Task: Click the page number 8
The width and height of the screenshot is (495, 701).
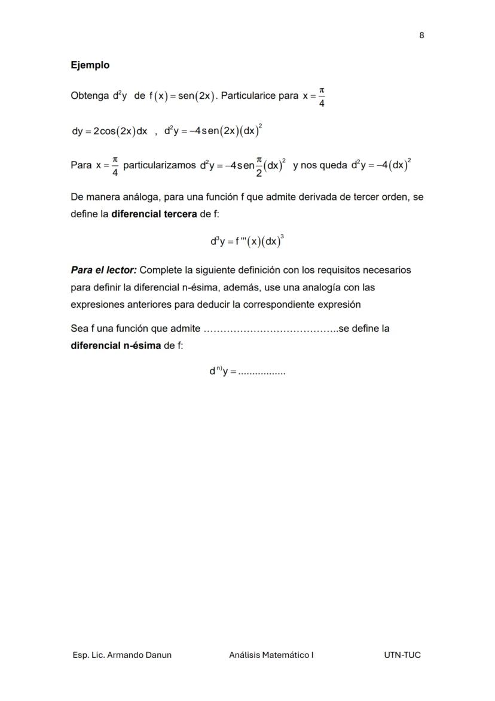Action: coord(421,35)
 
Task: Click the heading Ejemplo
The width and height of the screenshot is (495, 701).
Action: coord(90,65)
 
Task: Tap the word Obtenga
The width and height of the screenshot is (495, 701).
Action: coord(89,96)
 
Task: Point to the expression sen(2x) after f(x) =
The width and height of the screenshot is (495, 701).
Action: coord(197,96)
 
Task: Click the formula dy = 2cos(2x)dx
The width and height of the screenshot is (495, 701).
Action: coord(109,132)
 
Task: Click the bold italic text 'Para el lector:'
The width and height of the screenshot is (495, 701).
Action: coord(103,270)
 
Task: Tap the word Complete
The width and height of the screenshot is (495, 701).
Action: coord(161,270)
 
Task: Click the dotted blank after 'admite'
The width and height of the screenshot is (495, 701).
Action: coord(270,329)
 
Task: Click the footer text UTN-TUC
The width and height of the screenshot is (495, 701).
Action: coord(402,655)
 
